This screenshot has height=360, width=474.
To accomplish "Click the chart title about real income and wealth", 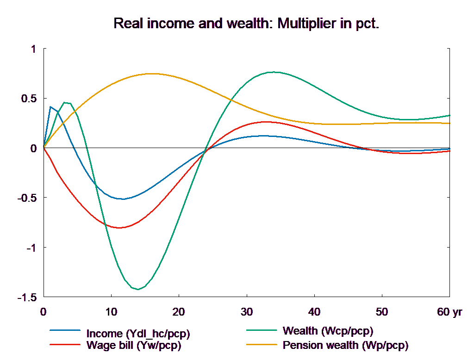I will (x=246, y=24).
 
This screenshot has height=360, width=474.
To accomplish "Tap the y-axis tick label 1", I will (x=33, y=49).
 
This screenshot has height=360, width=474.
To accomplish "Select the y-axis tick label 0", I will (x=33, y=149).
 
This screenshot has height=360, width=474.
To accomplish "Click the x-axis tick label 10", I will (x=111, y=312).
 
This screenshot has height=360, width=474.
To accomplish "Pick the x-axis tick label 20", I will (x=179, y=312).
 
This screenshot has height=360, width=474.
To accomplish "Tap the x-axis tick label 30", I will (x=246, y=312).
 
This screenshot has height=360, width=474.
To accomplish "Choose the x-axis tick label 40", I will (x=314, y=312).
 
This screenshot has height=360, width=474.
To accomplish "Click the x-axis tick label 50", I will (x=381, y=312).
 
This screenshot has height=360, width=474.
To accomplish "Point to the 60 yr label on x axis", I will (x=449, y=312).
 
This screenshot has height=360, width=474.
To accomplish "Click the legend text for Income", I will (x=138, y=334).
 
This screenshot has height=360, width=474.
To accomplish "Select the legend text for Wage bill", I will (x=134, y=345).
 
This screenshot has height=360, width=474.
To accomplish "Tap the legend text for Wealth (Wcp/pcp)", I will (x=327, y=331).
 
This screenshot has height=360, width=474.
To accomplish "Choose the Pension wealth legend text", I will (x=345, y=345).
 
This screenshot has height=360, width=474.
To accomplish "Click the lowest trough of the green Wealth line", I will (x=137, y=289).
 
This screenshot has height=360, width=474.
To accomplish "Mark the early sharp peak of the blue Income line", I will (x=50, y=107).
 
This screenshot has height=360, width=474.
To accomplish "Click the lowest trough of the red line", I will (x=120, y=228).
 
